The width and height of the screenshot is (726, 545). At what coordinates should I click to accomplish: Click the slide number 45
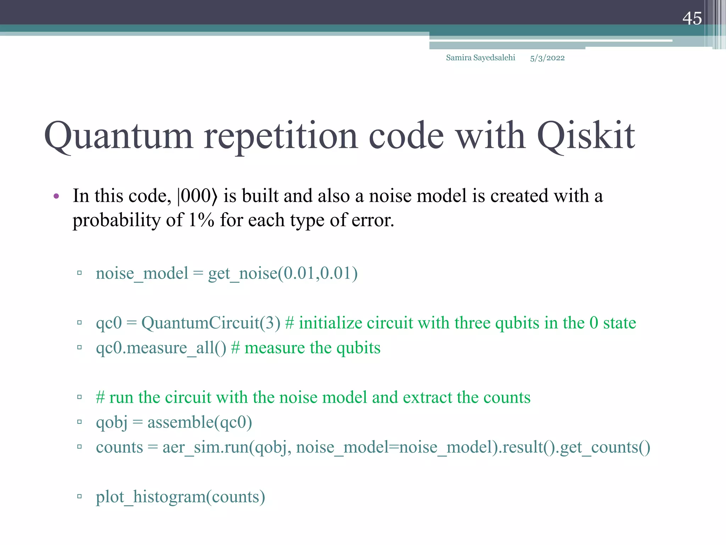pyautogui.click(x=692, y=18)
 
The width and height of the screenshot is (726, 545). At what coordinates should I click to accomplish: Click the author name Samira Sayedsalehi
pyautogui.click(x=480, y=58)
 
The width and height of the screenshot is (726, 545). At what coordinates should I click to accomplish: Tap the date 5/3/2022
pyautogui.click(x=547, y=58)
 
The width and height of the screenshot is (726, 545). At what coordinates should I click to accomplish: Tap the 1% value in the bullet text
pyautogui.click(x=201, y=220)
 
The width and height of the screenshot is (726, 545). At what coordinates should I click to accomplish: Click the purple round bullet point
pyautogui.click(x=56, y=196)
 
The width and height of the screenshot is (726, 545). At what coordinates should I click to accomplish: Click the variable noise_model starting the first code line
pyautogui.click(x=142, y=274)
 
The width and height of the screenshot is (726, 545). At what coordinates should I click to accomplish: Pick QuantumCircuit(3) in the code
pyautogui.click(x=211, y=323)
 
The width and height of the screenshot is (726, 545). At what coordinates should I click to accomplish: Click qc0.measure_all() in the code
pyautogui.click(x=161, y=348)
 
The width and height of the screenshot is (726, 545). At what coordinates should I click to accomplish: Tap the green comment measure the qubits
pyautogui.click(x=312, y=348)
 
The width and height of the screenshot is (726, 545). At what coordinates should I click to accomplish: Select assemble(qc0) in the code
pyautogui.click(x=200, y=423)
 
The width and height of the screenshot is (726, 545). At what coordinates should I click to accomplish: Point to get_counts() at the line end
pyautogui.click(x=605, y=447)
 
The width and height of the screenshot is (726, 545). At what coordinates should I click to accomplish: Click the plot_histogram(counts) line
pyautogui.click(x=180, y=497)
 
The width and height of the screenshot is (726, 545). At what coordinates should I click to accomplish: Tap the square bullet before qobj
pyautogui.click(x=79, y=422)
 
